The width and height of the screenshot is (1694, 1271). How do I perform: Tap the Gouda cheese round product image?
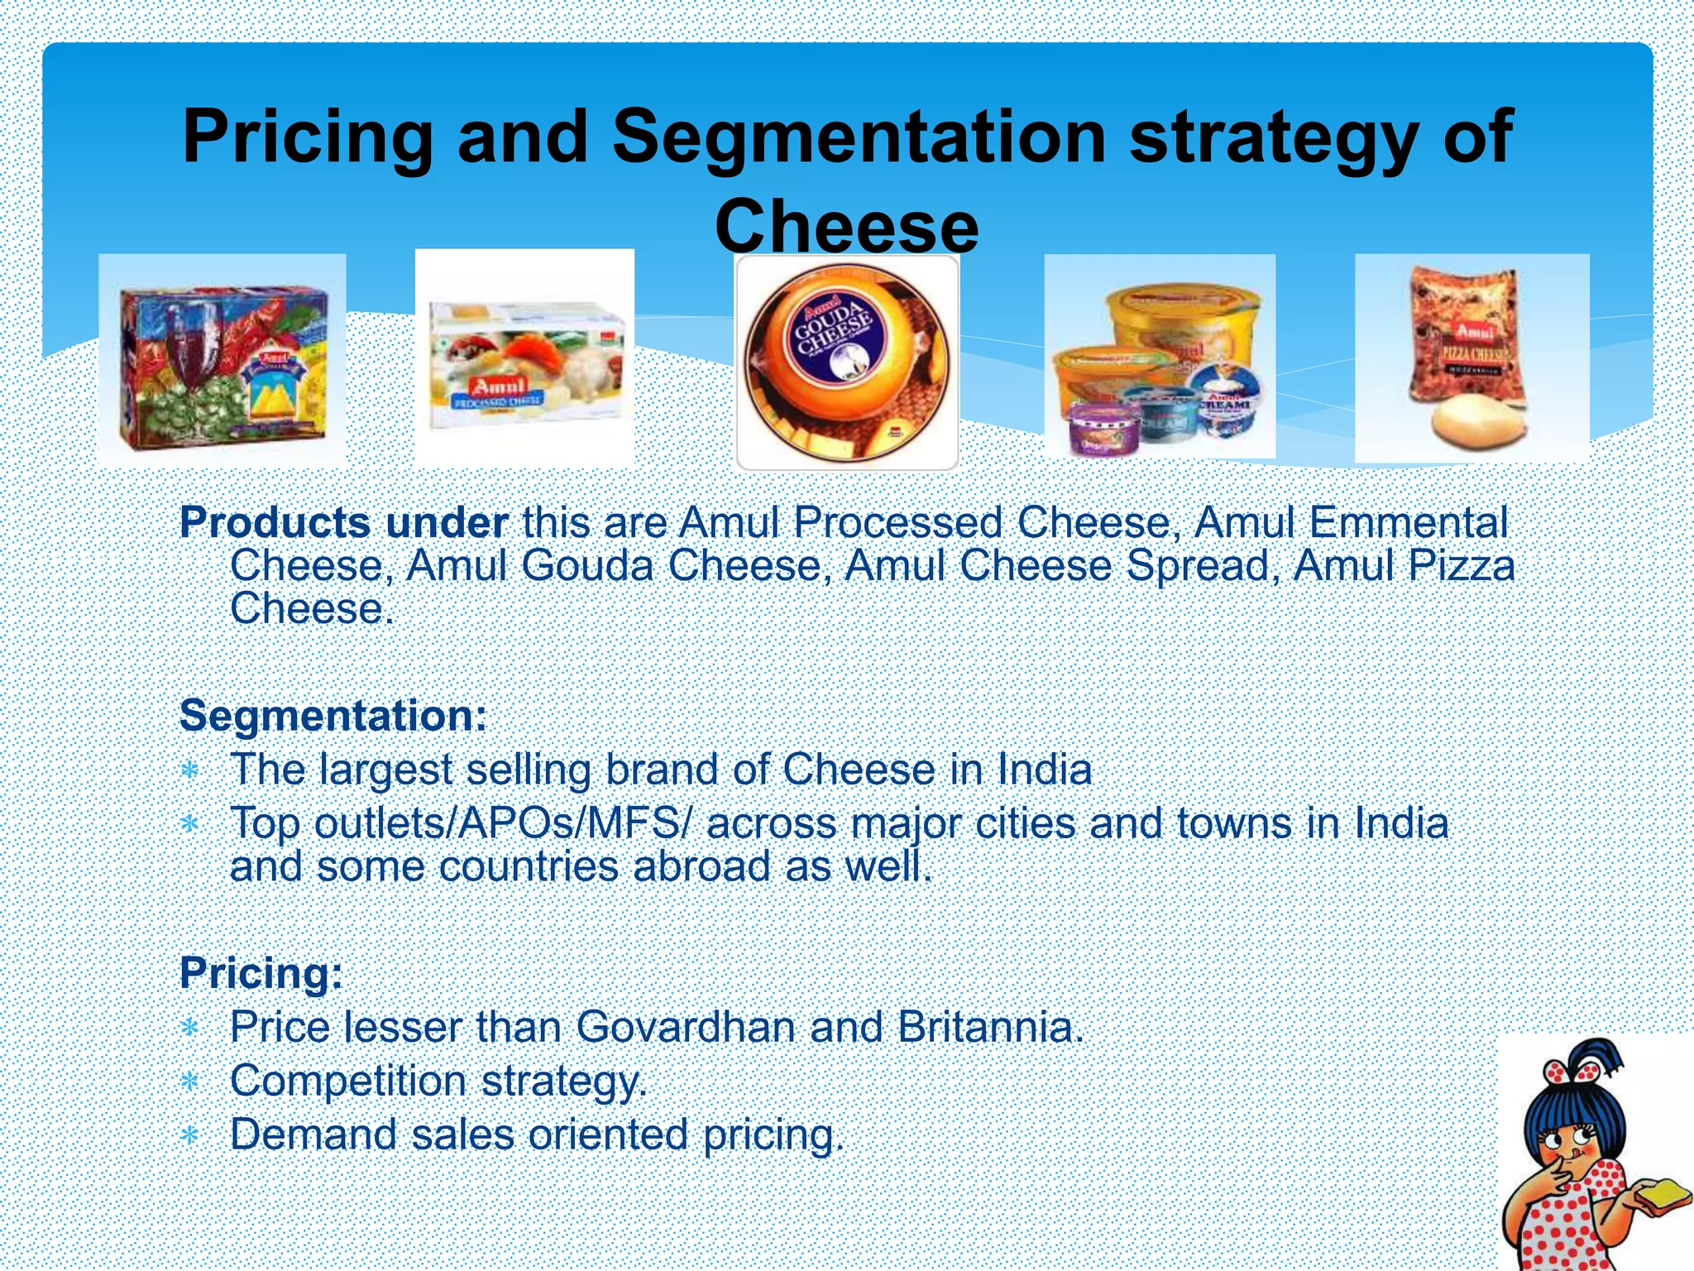tap(847, 362)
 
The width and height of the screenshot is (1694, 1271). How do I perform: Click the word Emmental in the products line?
tap(1409, 523)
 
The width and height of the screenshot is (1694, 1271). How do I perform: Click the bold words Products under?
tap(343, 523)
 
